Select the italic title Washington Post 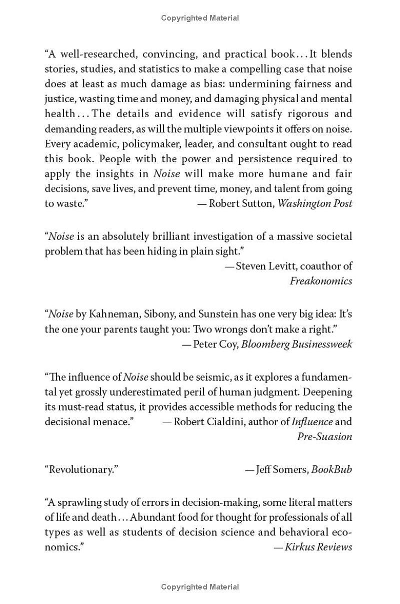315,203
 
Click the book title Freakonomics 321,281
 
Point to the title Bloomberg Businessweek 297,344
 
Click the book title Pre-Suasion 324,436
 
